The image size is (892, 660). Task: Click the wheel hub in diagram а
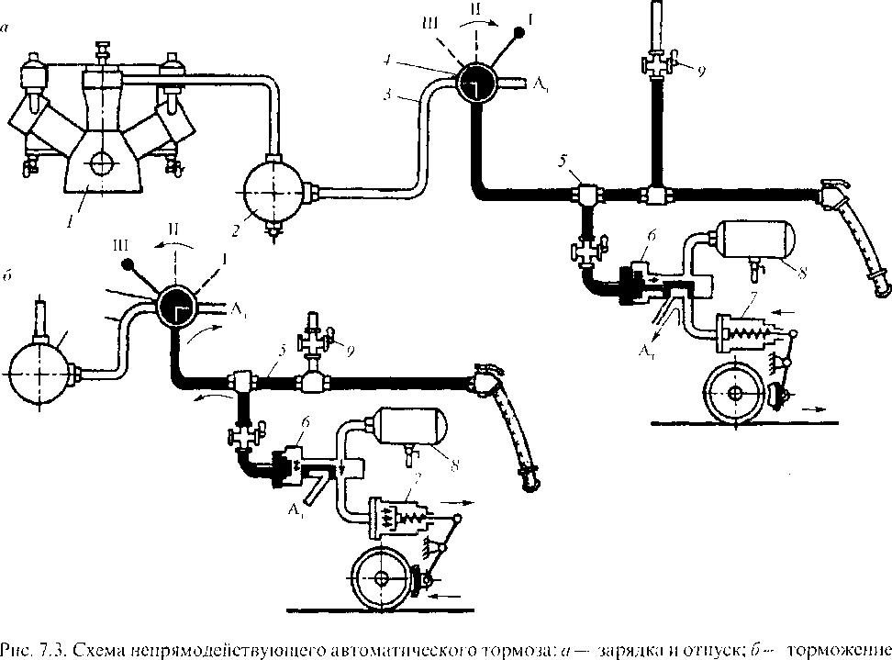(x=736, y=393)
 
